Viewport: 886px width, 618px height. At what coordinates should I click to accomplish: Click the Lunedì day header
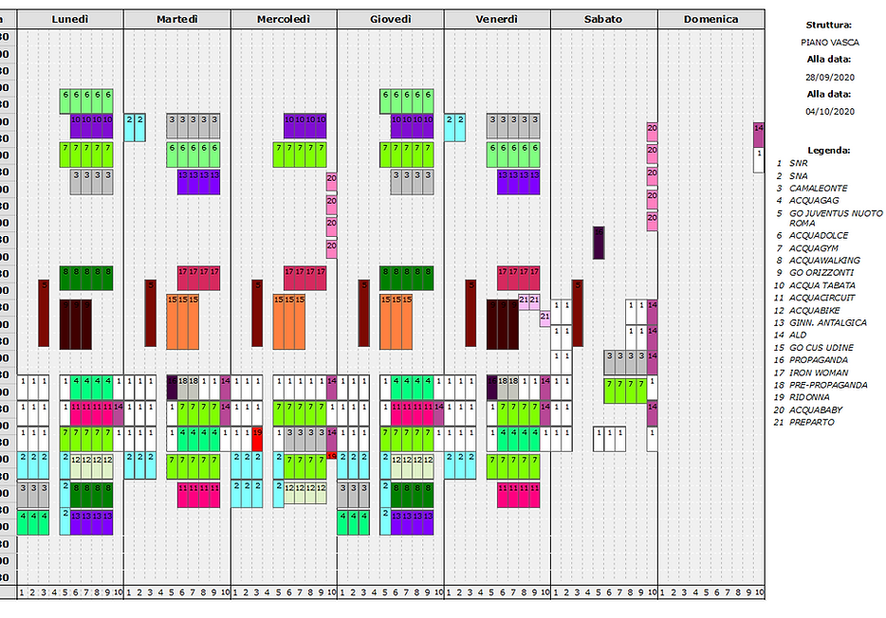tap(70, 19)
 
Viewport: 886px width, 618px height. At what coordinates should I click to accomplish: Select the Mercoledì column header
tap(284, 19)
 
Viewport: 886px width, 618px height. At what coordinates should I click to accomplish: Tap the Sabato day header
tap(603, 19)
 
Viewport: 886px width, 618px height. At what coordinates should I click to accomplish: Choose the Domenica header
tap(711, 19)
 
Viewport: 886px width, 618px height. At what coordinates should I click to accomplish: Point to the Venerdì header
tap(497, 19)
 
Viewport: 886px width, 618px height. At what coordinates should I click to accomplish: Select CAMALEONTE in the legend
tap(819, 188)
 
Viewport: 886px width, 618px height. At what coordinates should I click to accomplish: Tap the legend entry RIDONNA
tap(809, 397)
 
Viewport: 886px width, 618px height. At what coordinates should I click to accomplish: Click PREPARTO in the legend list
tap(812, 422)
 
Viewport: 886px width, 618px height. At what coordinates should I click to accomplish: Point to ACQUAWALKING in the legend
tap(824, 260)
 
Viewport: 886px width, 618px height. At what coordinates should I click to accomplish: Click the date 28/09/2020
tap(828, 76)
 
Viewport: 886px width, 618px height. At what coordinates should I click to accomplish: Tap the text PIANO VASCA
tap(828, 42)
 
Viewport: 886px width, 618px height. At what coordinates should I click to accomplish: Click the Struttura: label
tap(828, 25)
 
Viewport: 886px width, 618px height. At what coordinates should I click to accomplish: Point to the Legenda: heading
tap(828, 150)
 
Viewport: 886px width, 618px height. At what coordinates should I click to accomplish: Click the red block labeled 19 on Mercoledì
tap(257, 438)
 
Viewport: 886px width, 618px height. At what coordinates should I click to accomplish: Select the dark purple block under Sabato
tap(599, 243)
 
